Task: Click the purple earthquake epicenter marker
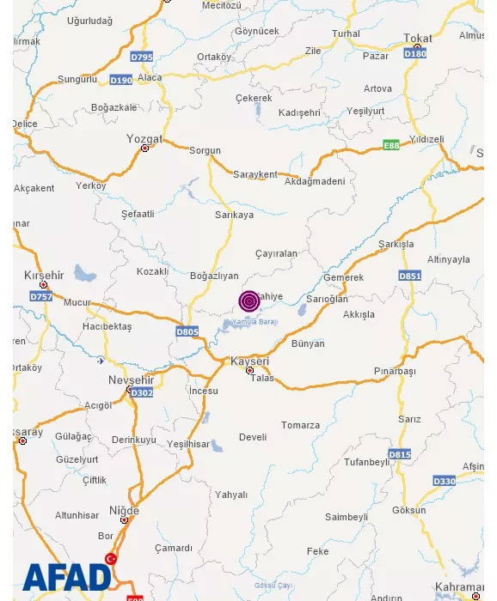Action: coord(249,300)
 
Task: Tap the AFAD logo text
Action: coord(67,577)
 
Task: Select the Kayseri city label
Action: coord(250,361)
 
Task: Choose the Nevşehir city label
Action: coord(131,379)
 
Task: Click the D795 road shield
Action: coord(142,57)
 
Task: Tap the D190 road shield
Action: coord(121,80)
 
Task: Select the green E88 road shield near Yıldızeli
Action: coord(391,145)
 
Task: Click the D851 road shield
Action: coord(409,276)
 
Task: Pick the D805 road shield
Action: coord(187,331)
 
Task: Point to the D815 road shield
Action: coord(399,454)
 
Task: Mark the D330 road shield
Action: coord(444,481)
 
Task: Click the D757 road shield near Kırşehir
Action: coord(41,296)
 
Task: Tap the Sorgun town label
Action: coord(205,150)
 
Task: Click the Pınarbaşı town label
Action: coord(395,371)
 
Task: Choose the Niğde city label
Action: coord(124,511)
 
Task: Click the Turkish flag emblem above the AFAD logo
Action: coord(111,559)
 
